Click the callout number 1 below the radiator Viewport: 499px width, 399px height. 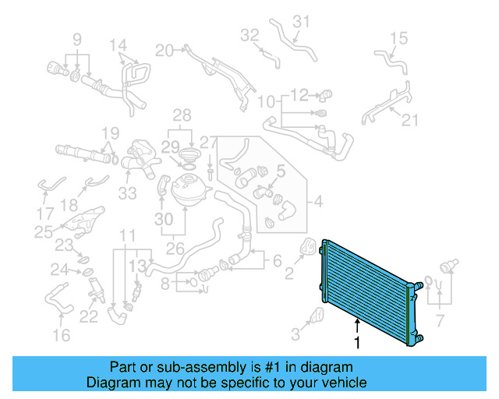click(x=357, y=342)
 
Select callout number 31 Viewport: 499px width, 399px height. click(x=302, y=21)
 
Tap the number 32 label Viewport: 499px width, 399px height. click(x=249, y=35)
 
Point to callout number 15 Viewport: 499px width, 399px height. click(x=398, y=37)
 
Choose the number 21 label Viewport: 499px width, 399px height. click(x=410, y=119)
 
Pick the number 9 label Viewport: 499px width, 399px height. click(x=77, y=38)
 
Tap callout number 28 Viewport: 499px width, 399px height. click(x=182, y=115)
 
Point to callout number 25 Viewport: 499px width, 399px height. click(x=44, y=231)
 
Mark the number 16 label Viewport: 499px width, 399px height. click(x=61, y=335)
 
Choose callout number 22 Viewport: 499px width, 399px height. click(x=89, y=316)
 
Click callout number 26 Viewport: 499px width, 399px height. click(x=175, y=250)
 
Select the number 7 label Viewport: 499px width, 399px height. click(x=441, y=320)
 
